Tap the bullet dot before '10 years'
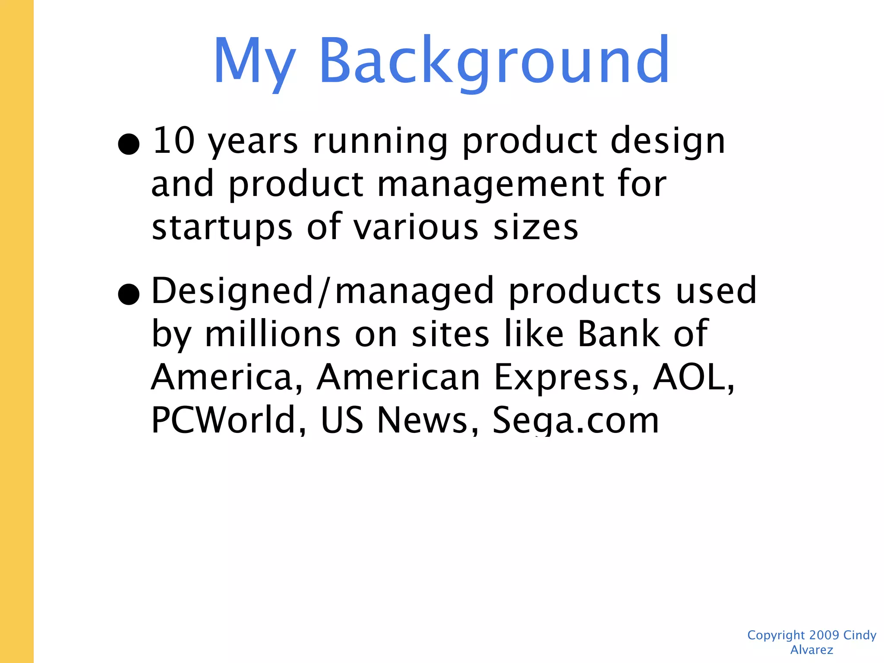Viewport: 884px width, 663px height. pyautogui.click(x=129, y=144)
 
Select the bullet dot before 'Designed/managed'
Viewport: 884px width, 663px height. pyautogui.click(x=129, y=294)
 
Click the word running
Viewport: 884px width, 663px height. pyautogui.click(x=380, y=142)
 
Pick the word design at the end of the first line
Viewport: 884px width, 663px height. pyautogui.click(x=668, y=142)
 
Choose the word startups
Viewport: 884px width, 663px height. pyautogui.click(x=222, y=228)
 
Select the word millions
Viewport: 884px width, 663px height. pyautogui.click(x=272, y=334)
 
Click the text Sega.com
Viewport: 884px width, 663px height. pyautogui.click(x=576, y=420)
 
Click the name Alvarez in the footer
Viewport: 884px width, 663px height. pyautogui.click(x=811, y=650)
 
